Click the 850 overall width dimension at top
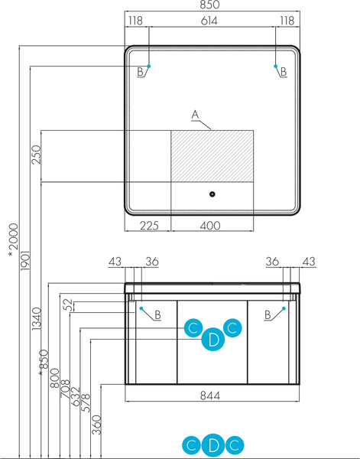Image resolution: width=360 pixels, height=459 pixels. [209, 5]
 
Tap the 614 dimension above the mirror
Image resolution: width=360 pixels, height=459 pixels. [209, 21]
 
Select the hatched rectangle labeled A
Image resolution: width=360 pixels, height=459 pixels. [212, 156]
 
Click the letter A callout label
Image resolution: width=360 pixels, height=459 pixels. [195, 115]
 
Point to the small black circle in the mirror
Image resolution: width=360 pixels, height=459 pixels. [212, 194]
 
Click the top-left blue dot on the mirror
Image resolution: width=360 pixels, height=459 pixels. [149, 66]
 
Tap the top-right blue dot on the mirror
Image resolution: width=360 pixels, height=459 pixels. [275, 66]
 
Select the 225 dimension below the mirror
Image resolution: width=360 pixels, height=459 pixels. [149, 226]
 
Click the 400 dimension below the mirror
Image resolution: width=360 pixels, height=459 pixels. [210, 226]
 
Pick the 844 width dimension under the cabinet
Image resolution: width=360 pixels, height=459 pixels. [210, 396]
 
